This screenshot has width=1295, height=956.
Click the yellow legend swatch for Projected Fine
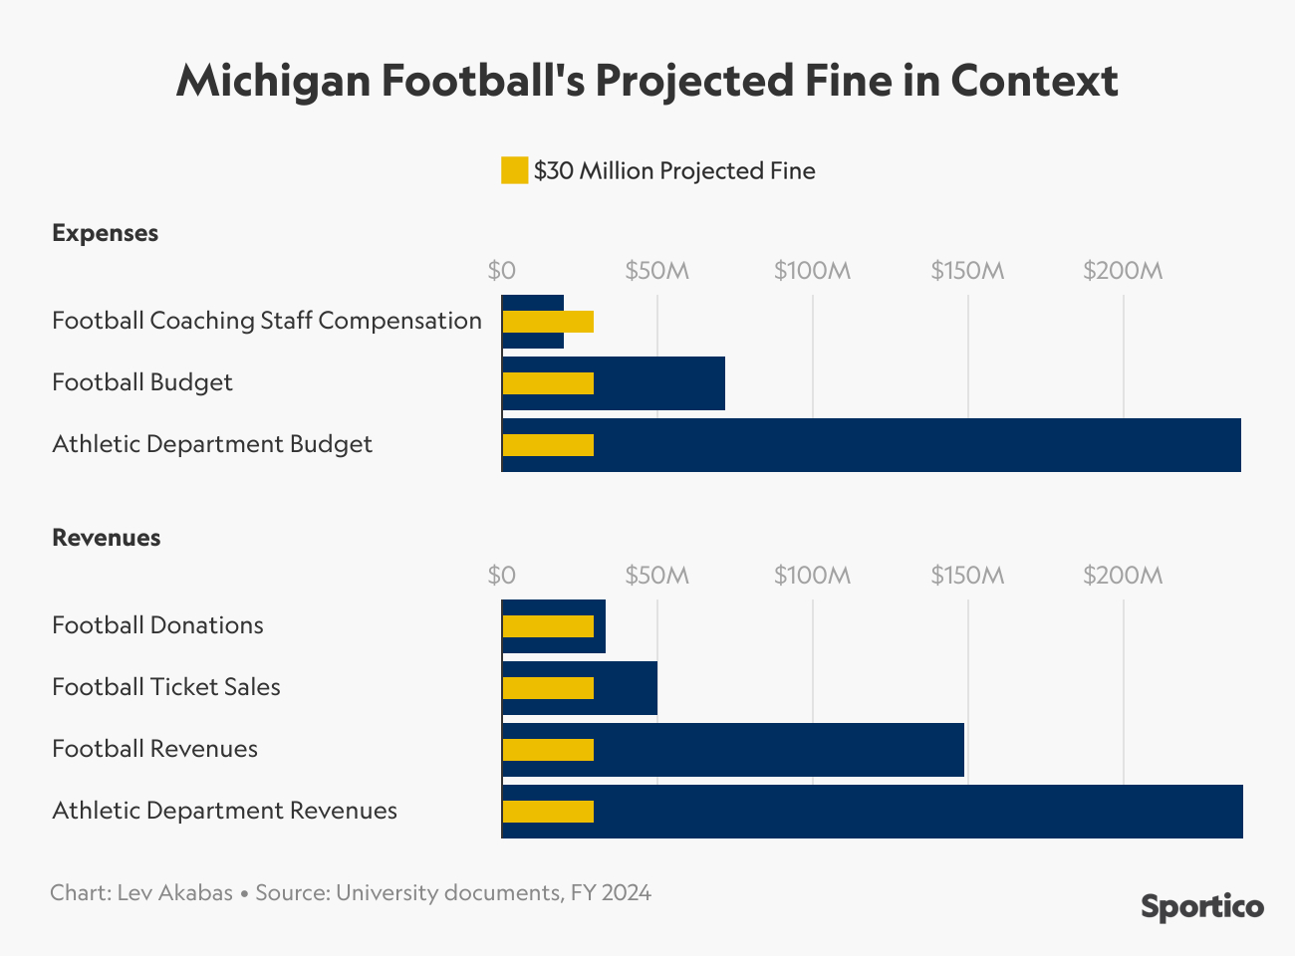pos(514,170)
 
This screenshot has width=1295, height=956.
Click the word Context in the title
pos(1034,80)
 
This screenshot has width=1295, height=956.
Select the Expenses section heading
pos(105,233)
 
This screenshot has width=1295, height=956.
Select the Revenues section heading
pos(106,538)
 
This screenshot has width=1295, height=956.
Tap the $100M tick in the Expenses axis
pos(812,271)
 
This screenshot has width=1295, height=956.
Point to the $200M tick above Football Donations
pos(1123,576)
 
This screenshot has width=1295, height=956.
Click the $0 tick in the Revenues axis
pos(502,576)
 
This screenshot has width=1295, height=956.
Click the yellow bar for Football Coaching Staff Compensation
pos(548,322)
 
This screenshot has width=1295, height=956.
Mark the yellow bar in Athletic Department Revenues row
pos(548,812)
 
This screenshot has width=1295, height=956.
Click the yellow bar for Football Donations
pos(548,626)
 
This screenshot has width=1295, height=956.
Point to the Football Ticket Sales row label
pos(166,687)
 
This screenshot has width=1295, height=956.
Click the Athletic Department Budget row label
pos(212,444)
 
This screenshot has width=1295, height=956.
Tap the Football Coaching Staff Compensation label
pos(267,321)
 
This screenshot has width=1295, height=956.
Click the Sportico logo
pos(1201,907)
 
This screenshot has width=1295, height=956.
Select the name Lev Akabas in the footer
pos(174,892)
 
